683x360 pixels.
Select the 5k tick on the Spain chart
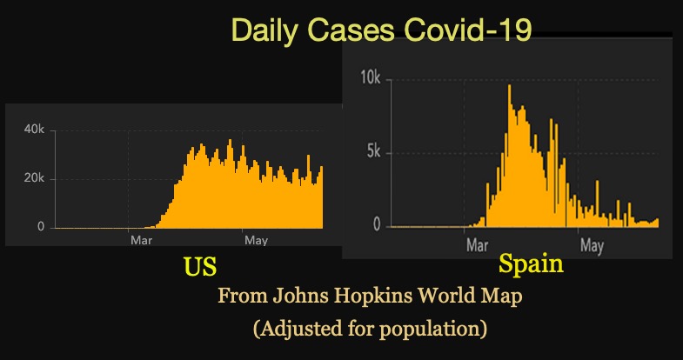pyautogui.click(x=372, y=152)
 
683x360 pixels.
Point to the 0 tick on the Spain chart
pyautogui.click(x=377, y=225)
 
